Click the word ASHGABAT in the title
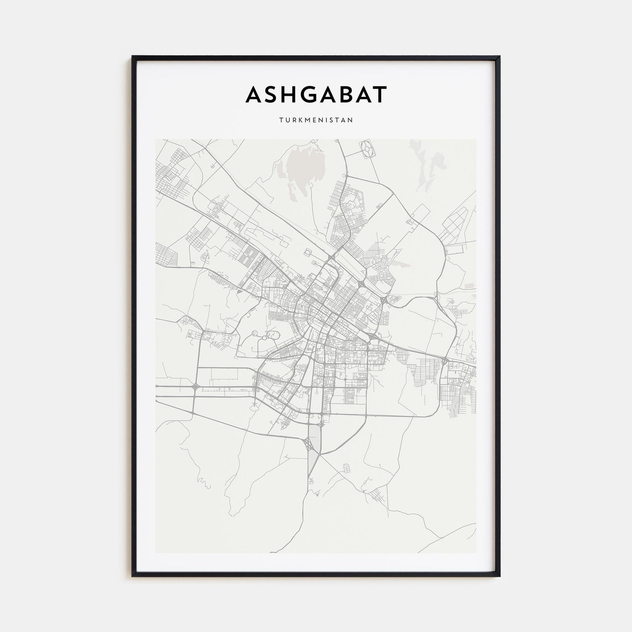316,95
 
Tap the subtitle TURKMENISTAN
316,121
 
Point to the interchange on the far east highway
445,360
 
